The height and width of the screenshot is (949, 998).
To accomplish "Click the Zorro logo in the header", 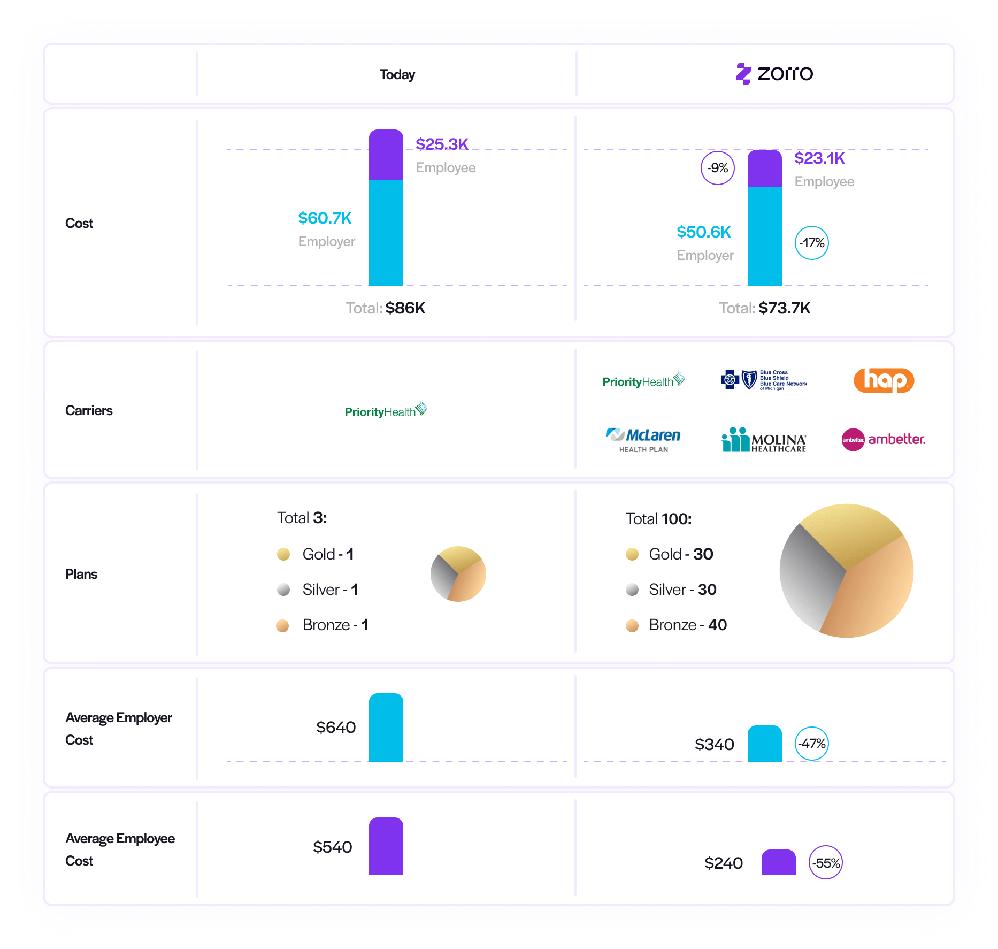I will click(774, 73).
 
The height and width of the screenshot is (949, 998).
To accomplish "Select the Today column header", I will click(397, 74).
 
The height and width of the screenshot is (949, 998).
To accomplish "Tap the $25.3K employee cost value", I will click(442, 144).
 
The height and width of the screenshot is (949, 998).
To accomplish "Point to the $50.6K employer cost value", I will click(703, 232).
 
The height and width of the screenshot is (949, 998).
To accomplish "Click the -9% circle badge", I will click(717, 168).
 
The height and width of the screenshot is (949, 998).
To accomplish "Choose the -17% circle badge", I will click(811, 243).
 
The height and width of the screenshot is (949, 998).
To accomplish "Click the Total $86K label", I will click(385, 308).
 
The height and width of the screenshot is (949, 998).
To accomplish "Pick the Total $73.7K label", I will click(764, 308).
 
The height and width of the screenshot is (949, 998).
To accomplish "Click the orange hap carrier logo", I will click(884, 380).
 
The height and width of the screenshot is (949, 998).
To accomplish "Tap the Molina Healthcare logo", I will click(764, 440).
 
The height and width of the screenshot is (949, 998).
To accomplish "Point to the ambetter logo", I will click(883, 440).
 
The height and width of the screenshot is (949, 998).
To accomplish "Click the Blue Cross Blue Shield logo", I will click(764, 380).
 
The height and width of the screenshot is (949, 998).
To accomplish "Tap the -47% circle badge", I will click(811, 744).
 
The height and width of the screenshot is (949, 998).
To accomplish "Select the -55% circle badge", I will click(825, 863).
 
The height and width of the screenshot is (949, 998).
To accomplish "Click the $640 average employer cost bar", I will click(386, 728).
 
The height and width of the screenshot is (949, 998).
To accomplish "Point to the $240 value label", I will click(723, 863).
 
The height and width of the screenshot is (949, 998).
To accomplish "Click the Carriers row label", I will click(89, 410).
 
